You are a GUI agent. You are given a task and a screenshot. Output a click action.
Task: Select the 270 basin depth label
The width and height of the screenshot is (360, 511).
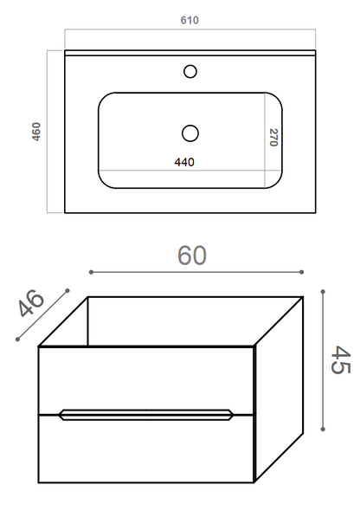coord(273,138)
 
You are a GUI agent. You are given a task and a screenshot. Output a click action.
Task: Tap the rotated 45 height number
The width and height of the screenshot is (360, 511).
coord(340,359)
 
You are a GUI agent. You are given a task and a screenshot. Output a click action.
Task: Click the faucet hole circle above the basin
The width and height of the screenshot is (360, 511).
coord(190,72)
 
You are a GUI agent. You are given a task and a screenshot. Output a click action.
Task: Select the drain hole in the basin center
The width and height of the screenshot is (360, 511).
coord(190,133)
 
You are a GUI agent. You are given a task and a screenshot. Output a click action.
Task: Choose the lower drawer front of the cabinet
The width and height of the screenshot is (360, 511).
coord(146,449)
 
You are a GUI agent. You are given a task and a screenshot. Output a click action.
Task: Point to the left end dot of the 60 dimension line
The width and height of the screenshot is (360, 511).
coord(90,273)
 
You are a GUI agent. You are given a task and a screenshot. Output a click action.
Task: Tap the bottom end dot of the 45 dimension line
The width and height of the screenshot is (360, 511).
coord(323,428)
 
